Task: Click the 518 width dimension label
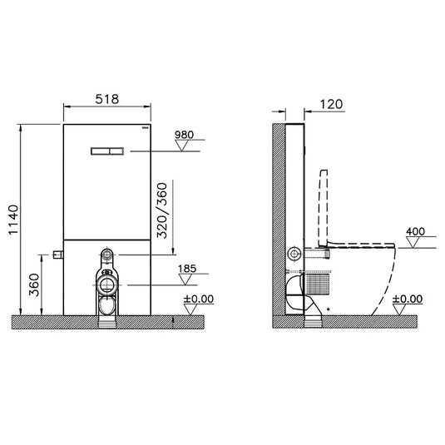point(107,99)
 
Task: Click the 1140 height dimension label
point(13,220)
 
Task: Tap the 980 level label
point(184,135)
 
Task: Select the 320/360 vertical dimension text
point(163,210)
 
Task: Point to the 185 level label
point(187,269)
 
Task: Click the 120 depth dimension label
point(331,105)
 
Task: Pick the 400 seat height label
point(416,231)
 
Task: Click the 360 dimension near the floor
point(34,284)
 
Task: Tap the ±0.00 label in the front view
point(199,299)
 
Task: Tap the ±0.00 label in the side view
point(408,299)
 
